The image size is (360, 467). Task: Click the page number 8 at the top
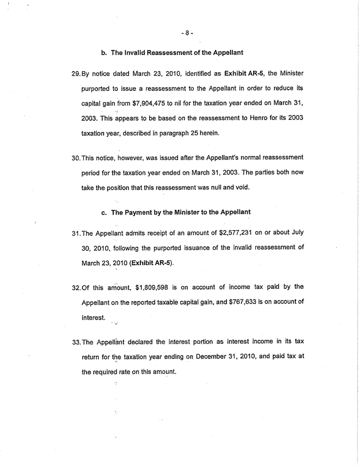tap(186, 33)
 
